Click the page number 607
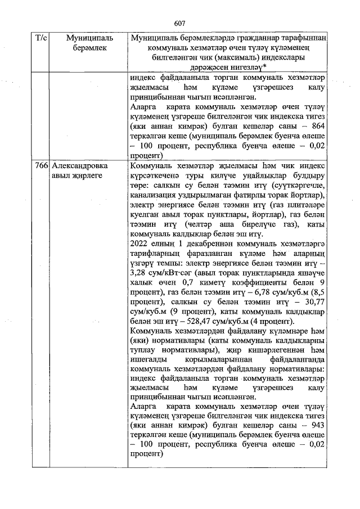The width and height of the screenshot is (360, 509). tap(179, 23)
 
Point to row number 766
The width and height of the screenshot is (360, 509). tap(41, 166)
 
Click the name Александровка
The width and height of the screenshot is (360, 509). tap(79, 166)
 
